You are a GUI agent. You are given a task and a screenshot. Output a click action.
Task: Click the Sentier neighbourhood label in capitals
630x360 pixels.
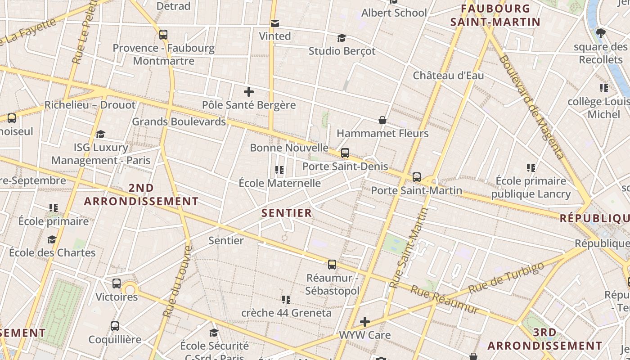pyautogui.click(x=287, y=213)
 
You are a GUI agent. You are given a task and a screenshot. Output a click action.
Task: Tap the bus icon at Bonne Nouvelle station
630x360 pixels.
pyautogui.click(x=345, y=153)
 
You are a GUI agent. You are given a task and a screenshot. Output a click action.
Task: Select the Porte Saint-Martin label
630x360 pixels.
pyautogui.click(x=416, y=190)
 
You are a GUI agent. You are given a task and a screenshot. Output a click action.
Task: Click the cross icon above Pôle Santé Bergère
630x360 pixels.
pyautogui.click(x=248, y=92)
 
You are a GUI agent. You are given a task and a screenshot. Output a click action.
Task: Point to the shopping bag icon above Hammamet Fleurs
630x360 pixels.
pyautogui.click(x=382, y=120)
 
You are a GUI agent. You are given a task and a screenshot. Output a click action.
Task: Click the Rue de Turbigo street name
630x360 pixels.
pyautogui.click(x=506, y=277)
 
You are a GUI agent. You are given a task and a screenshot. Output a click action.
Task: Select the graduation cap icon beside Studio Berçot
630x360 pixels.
pyautogui.click(x=342, y=38)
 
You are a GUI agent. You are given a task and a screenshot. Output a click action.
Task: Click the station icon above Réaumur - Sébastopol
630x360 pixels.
pyautogui.click(x=332, y=265)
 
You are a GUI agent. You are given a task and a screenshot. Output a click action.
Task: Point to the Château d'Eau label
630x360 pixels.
pyautogui.click(x=448, y=76)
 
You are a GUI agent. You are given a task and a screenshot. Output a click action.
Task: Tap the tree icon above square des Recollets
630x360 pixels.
pyautogui.click(x=600, y=33)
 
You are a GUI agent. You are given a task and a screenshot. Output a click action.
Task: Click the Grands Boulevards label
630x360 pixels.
pyautogui.click(x=179, y=121)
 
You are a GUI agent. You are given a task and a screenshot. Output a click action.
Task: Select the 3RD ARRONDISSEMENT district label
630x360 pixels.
pyautogui.click(x=545, y=339)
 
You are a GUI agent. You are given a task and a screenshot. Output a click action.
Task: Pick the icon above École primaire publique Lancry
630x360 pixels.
pyautogui.click(x=531, y=168)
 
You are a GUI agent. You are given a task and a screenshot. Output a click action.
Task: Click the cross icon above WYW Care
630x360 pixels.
pyautogui.click(x=365, y=322)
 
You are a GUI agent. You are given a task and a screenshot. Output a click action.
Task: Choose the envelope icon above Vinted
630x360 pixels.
pyautogui.click(x=274, y=23)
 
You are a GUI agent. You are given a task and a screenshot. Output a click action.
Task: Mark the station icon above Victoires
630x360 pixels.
pyautogui.click(x=117, y=283)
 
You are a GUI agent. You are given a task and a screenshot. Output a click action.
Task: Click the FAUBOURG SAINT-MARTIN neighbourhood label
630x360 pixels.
pyautogui.click(x=495, y=15)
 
